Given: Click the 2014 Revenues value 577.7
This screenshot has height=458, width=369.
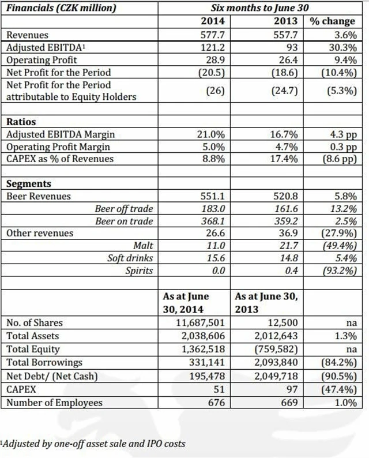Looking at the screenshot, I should click(x=213, y=35).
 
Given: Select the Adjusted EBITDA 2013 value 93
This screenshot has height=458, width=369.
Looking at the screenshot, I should click(x=292, y=48).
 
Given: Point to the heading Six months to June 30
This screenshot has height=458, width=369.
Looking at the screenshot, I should click(x=258, y=9).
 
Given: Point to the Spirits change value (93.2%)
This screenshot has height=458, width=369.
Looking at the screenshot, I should click(x=337, y=271).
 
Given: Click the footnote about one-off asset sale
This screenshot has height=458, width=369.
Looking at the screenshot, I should click(x=94, y=444).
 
